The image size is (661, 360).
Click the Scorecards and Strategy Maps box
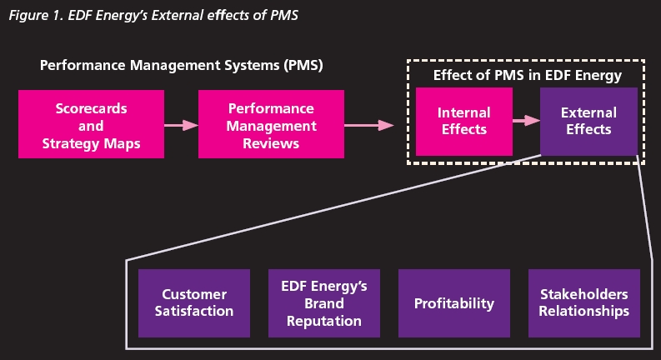(92, 125)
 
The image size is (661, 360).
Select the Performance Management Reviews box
(271, 125)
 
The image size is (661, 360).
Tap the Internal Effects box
(463, 121)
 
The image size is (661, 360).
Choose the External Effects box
(588, 121)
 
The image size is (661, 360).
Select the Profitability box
(454, 302)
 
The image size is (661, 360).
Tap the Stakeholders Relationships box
(583, 302)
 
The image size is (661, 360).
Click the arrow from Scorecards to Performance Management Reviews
(181, 125)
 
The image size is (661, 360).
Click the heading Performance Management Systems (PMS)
(181, 64)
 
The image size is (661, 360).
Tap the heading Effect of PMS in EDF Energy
(527, 76)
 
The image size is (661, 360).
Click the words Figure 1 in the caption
(33, 13)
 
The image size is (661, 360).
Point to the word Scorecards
(92, 109)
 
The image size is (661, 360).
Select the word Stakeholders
(583, 294)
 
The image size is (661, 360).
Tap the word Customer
(194, 294)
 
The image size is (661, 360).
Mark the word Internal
(463, 112)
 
